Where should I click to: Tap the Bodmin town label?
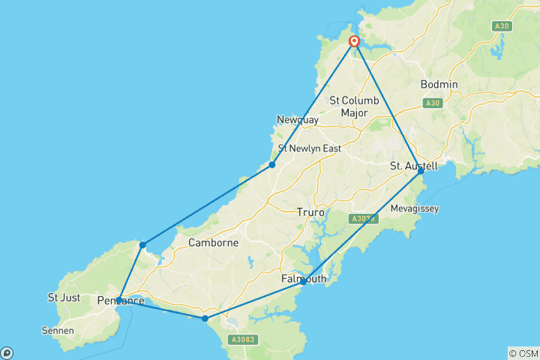click(x=439, y=84)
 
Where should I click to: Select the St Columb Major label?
click(x=354, y=106)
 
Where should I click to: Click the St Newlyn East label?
click(x=310, y=148)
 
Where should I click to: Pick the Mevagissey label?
click(x=415, y=208)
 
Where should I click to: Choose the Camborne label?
click(x=213, y=242)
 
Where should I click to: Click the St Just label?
click(x=64, y=297)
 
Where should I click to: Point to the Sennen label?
click(x=57, y=329)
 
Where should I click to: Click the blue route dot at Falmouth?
click(x=303, y=282)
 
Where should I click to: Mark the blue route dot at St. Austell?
click(x=421, y=171)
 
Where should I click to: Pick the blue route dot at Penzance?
click(x=119, y=300)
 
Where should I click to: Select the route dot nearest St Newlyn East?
click(x=272, y=164)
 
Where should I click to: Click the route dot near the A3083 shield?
click(x=205, y=319)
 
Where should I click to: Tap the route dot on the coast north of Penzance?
click(x=142, y=244)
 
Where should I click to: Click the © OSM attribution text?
click(x=523, y=353)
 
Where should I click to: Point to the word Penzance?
click(x=121, y=301)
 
